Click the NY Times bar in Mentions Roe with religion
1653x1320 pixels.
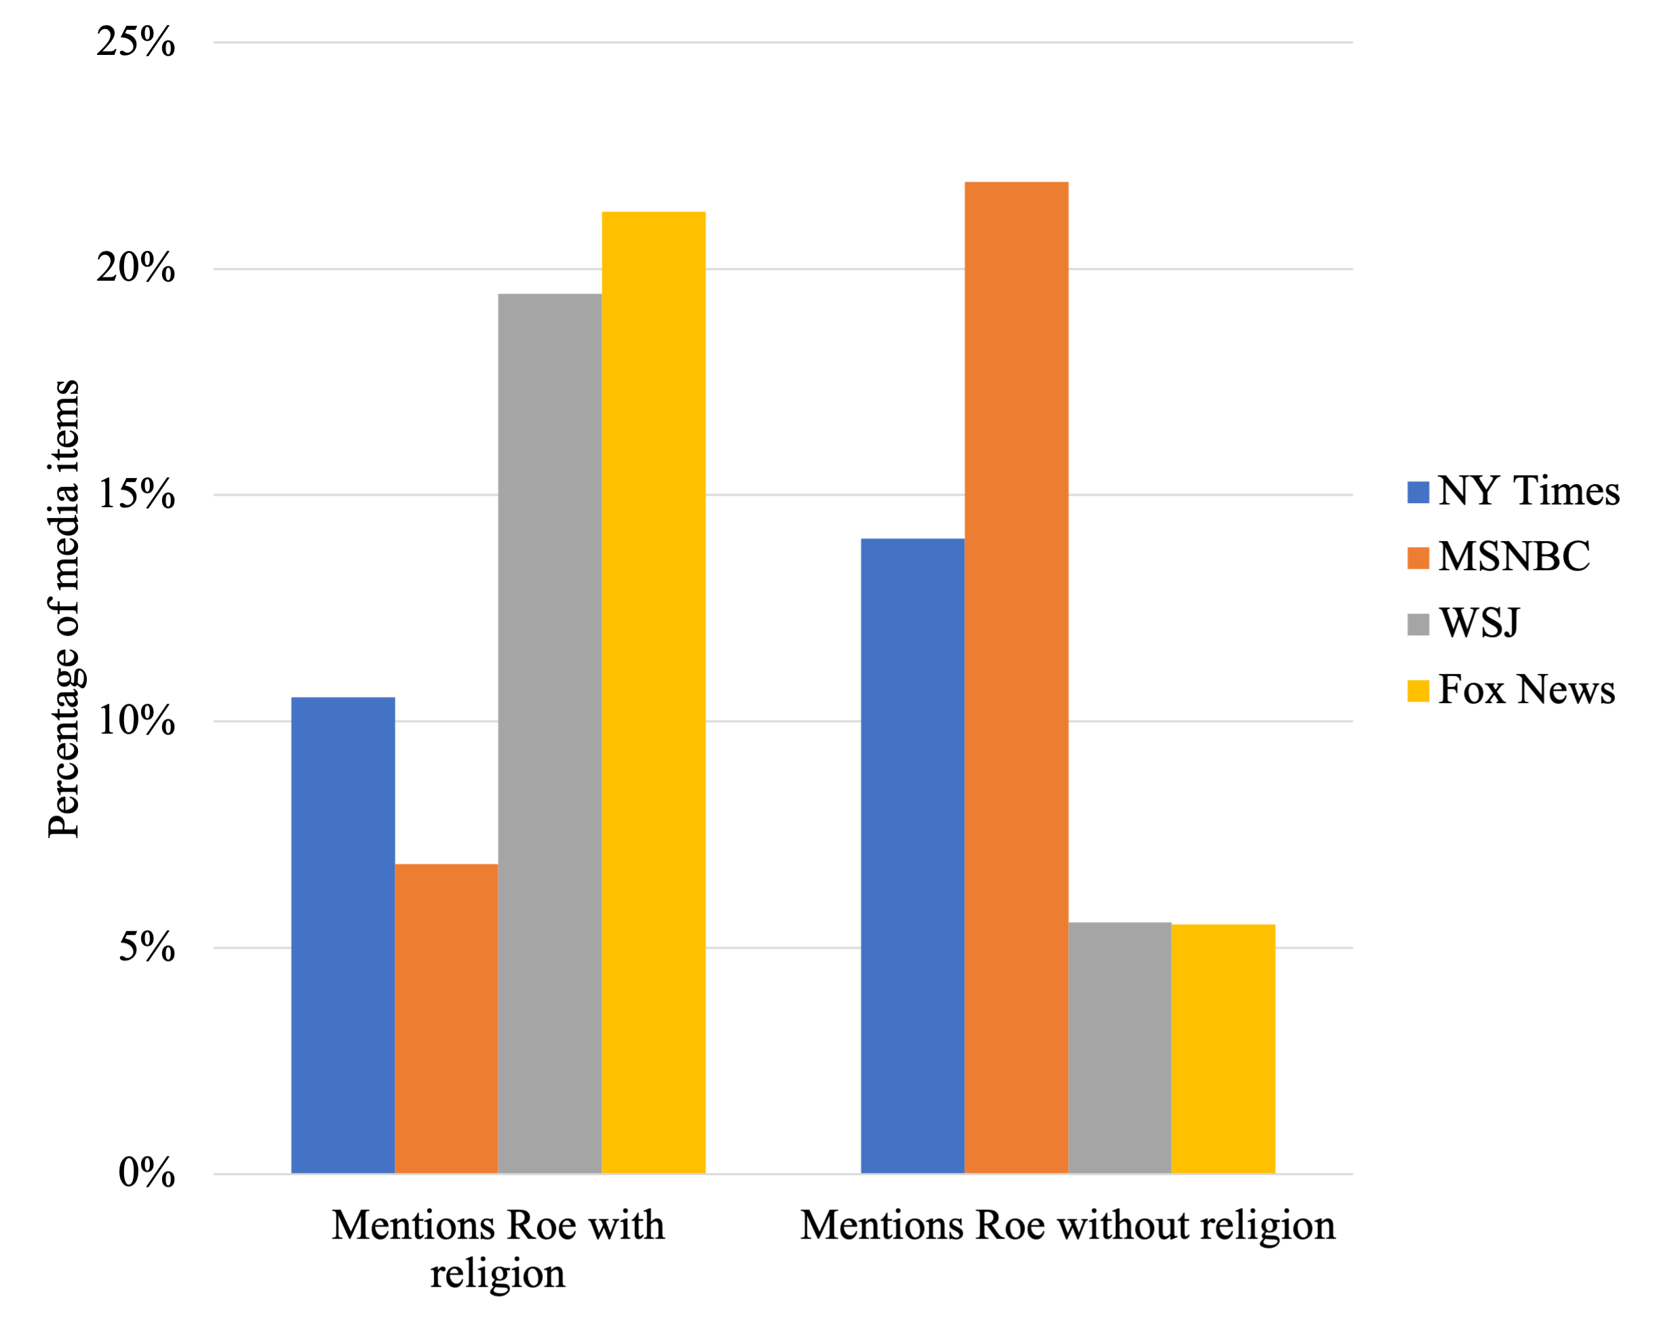coord(342,935)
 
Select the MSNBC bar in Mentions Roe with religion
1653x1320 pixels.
coord(446,1019)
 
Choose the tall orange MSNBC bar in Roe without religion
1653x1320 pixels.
coord(1016,678)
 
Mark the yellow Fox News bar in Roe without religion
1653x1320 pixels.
coord(1223,1049)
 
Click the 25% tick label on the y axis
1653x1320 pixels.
coord(136,42)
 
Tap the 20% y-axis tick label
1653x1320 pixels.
coord(136,269)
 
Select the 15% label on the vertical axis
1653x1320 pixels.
coord(136,494)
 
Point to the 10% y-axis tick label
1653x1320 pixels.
coord(136,721)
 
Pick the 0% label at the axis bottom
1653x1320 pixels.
coord(146,1173)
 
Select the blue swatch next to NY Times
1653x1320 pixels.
coord(1418,492)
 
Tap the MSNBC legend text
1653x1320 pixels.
coord(1514,557)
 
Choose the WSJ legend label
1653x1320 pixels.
coord(1479,622)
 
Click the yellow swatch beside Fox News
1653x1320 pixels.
coord(1418,691)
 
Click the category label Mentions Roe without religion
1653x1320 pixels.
coord(1067,1225)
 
